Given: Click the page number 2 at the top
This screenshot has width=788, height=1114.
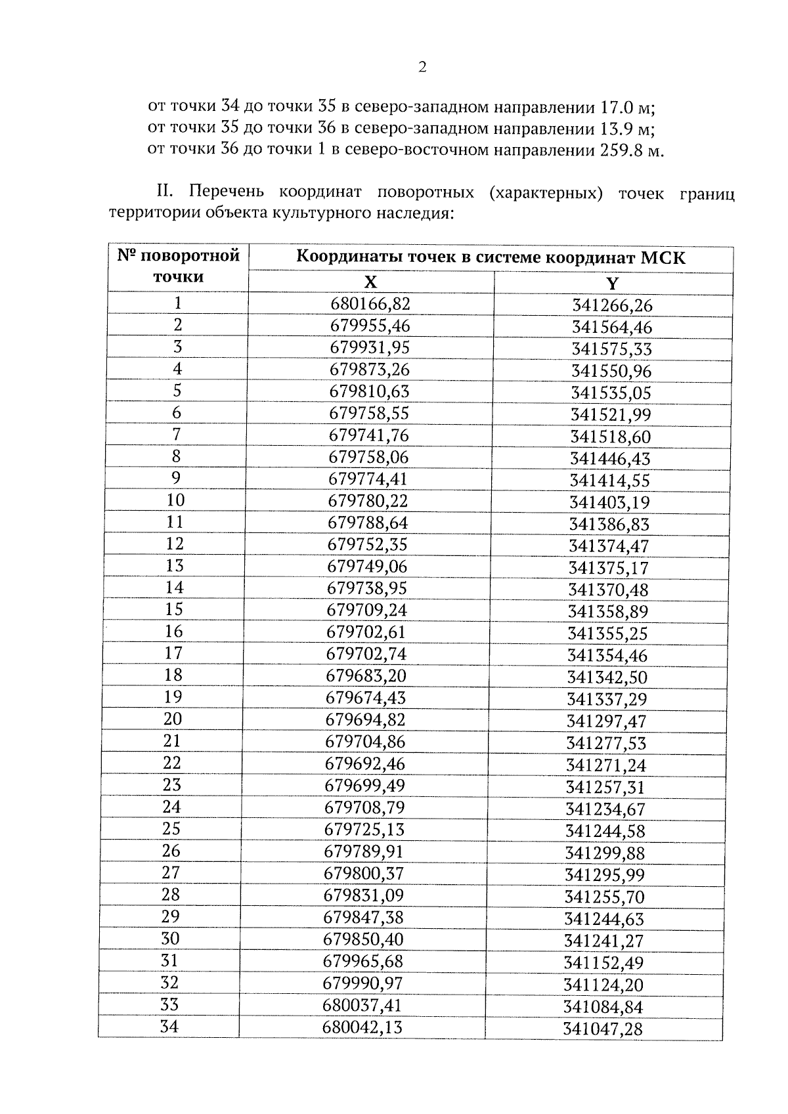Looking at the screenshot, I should tap(422, 67).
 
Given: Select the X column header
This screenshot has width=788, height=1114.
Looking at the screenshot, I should tap(371, 282).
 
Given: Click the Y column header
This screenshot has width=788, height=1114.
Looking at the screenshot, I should tap(612, 284).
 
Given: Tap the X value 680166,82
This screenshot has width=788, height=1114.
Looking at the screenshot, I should tap(370, 303).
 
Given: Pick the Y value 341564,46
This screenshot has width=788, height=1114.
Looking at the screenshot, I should tap(612, 327).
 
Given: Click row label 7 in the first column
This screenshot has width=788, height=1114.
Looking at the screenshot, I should tap(177, 435).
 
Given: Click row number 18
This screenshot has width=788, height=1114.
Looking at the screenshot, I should tap(173, 675).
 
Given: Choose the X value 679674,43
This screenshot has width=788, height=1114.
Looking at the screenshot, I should tap(366, 698).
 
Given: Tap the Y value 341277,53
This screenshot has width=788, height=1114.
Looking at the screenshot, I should tap(606, 743).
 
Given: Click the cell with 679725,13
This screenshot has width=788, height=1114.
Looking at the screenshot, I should tap(365, 829).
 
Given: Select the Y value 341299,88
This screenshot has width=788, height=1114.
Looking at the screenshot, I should tap(605, 853).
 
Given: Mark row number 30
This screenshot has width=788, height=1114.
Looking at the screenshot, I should tap(170, 939).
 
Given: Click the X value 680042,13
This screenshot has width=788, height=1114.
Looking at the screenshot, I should tap(362, 1027).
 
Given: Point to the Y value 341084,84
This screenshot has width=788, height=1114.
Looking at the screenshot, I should tap(603, 1007).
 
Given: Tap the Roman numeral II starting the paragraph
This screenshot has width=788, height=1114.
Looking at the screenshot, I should tap(164, 192).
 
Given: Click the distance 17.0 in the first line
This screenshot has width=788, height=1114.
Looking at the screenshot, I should tap(621, 107).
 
